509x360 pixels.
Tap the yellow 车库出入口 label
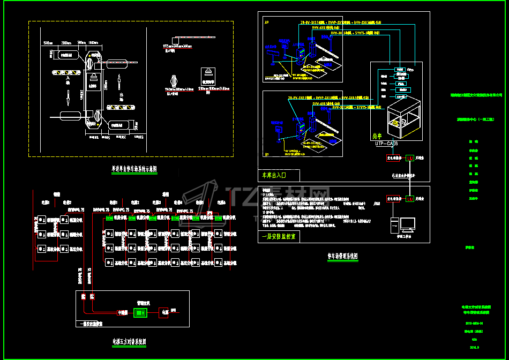pyautogui.click(x=274, y=175)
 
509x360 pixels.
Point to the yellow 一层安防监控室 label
pyautogui.click(x=280, y=235)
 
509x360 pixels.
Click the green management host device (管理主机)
pyautogui.click(x=140, y=312)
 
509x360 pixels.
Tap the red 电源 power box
pyautogui.click(x=164, y=312)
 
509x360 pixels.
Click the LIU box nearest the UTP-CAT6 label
pyautogui.click(x=410, y=158)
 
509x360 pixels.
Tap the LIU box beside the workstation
pyautogui.click(x=410, y=199)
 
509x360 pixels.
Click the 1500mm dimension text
pyautogui.click(x=48, y=42)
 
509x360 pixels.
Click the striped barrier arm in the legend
pyautogui.click(x=185, y=39)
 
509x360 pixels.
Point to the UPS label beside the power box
pyautogui.click(x=173, y=310)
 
